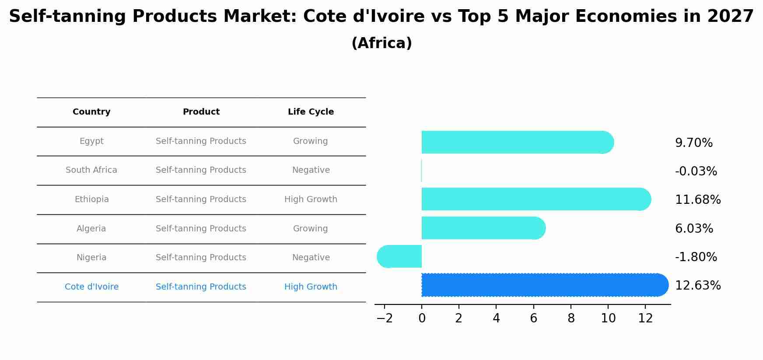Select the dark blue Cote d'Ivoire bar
coord(542,285)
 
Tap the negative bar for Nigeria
coord(399,257)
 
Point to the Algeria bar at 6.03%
coord(481,228)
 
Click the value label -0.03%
coord(696,171)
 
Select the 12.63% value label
coord(697,286)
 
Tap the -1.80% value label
coord(696,257)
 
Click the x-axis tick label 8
coord(571,319)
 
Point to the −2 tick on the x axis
coord(385,319)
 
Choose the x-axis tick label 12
coord(645,319)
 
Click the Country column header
coord(91,112)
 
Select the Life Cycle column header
coord(311,112)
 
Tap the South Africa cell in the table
coord(91,170)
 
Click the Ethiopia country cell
coord(91,199)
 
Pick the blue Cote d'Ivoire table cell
coord(91,287)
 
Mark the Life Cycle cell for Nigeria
coord(311,258)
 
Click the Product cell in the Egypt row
coord(201,141)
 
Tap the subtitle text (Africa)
coord(381,43)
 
